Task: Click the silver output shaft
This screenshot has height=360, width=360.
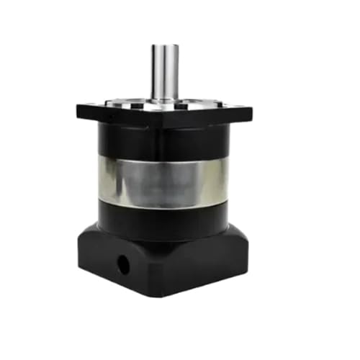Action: [x=165, y=72]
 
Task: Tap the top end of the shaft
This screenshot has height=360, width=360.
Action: [x=165, y=47]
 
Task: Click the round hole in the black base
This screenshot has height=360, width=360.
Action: [x=124, y=264]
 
